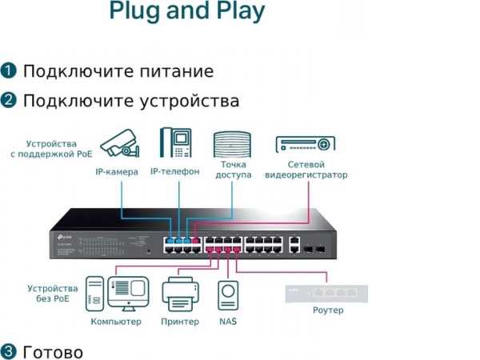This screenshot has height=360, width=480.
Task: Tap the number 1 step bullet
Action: coord(9,70)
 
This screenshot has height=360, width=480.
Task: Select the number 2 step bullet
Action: coord(9,101)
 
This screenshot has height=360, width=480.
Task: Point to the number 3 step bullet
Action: coord(9,352)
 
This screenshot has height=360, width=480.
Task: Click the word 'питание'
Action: coord(176,71)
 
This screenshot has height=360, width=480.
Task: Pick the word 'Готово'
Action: coord(53,352)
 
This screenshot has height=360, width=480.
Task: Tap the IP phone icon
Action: coord(174,143)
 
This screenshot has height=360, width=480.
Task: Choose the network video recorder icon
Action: coord(305,144)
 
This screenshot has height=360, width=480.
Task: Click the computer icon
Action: coord(117,294)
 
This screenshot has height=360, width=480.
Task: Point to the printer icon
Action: coord(180,294)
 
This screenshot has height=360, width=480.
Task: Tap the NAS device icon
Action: coord(228,294)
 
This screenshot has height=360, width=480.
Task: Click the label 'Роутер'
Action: coord(328,310)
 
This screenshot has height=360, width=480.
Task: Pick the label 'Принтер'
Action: coord(180,321)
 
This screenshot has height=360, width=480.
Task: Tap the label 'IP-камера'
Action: coord(117,172)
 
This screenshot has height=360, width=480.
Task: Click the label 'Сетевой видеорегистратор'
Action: coord(306,170)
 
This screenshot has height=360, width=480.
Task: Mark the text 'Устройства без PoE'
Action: coord(53,293)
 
